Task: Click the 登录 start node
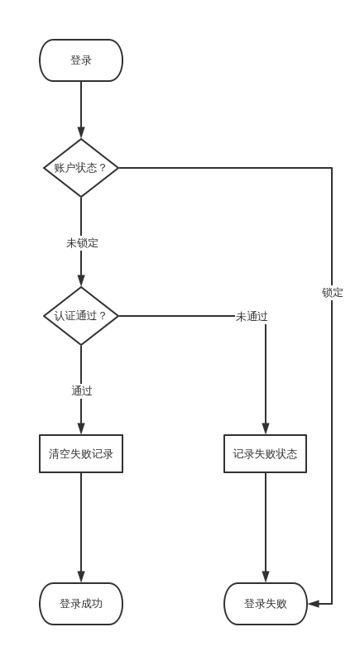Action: (81, 60)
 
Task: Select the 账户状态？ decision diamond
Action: (81, 168)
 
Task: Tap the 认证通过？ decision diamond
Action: (81, 316)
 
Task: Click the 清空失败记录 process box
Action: (81, 454)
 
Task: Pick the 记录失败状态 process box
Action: (265, 454)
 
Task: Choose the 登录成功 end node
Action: (81, 604)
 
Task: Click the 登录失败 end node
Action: (265, 604)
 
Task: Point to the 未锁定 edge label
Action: (82, 243)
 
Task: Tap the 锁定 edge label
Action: (332, 293)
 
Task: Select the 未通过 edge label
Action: (252, 316)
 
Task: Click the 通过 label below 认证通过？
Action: (81, 391)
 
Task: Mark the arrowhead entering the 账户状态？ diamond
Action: (81, 132)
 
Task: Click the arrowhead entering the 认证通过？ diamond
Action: (81, 280)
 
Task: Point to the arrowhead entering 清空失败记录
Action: (81, 428)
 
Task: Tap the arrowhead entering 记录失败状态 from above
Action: (266, 428)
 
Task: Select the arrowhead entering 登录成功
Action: (81, 577)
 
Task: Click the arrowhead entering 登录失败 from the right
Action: (314, 604)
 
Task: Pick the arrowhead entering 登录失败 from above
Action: (266, 577)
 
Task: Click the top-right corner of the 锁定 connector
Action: (332, 168)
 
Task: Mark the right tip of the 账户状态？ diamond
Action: (118, 168)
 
